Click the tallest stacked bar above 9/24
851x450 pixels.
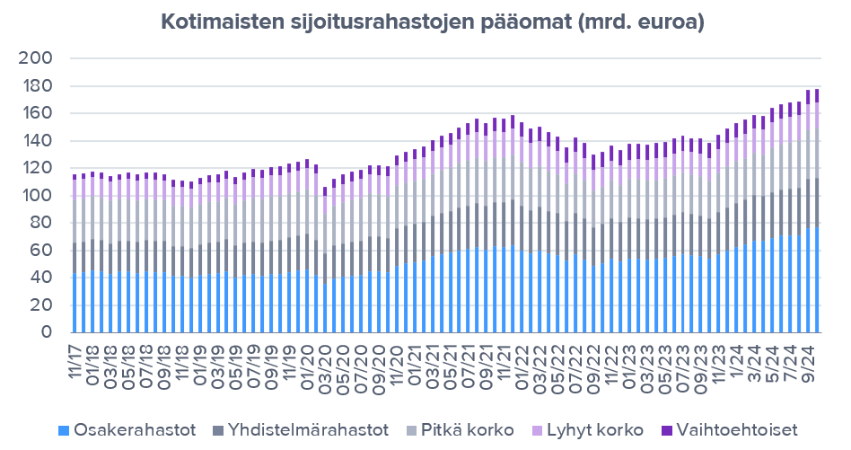[x=816, y=216]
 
